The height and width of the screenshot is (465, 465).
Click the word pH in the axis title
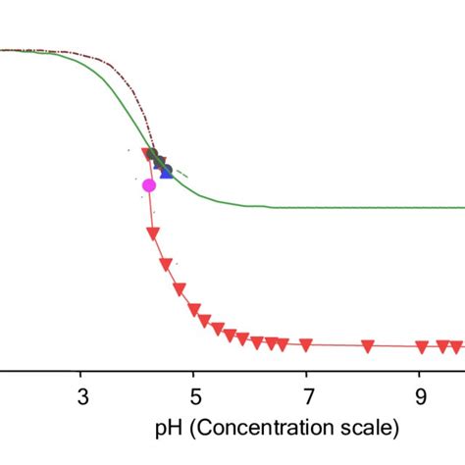click(x=168, y=428)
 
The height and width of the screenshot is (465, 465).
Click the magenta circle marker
click(x=149, y=184)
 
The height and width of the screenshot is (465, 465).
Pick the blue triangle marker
click(x=167, y=172)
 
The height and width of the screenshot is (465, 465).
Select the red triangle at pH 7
click(x=306, y=344)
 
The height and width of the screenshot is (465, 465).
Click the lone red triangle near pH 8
click(x=367, y=345)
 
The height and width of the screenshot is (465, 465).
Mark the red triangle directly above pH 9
click(x=421, y=346)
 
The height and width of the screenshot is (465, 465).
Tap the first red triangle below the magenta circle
click(x=152, y=232)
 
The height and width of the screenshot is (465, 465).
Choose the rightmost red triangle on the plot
click(x=456, y=346)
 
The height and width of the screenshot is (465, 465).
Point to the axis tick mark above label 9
click(x=420, y=375)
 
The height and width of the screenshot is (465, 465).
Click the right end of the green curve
click(x=463, y=207)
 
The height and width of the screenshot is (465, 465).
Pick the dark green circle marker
click(x=153, y=154)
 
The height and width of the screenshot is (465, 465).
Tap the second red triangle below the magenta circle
click(x=166, y=263)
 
